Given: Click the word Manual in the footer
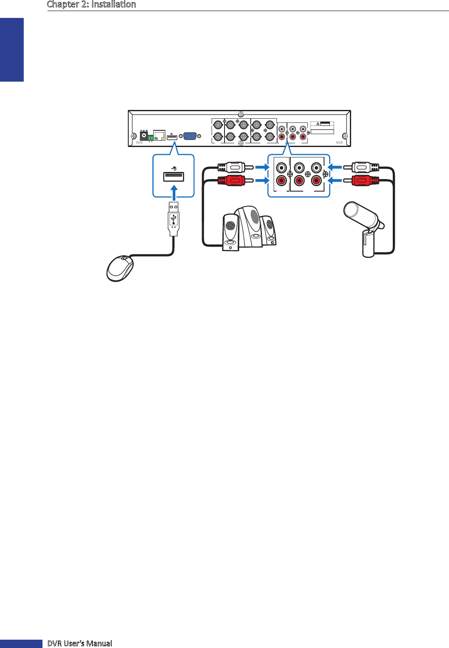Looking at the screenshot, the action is point(99,643).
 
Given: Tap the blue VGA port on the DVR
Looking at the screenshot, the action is point(190,136).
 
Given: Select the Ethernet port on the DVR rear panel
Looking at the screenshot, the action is point(159,135).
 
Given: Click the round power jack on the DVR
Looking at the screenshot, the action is point(144,135).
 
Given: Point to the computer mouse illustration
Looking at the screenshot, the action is point(120,268).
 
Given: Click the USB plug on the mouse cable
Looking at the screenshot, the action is point(174,219).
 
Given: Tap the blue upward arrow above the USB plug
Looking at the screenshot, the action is point(174,193).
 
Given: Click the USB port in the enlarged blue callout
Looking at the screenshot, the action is point(174,176).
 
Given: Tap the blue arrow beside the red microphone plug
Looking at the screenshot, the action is point(335,181).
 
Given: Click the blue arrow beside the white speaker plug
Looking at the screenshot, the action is point(262,167).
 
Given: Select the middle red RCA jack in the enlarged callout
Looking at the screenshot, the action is point(299,181).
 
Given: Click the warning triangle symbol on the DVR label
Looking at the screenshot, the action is point(318,124).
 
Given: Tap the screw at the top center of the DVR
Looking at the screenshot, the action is point(240,114).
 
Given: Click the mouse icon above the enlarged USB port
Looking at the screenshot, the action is point(174,168).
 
